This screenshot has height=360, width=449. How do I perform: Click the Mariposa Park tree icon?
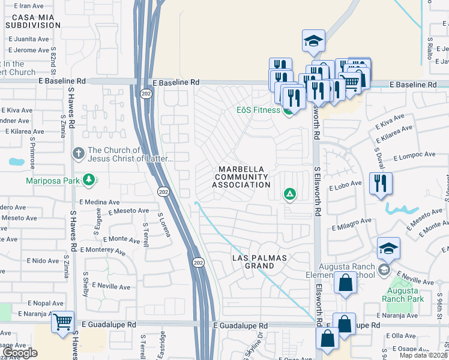coord(89,179)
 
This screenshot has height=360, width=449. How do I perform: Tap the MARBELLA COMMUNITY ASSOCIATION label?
coord(241,176)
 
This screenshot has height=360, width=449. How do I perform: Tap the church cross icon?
coord(78,154)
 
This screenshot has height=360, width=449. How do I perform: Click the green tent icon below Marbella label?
coord(289,194)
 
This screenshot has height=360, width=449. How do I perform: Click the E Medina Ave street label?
coord(96,202)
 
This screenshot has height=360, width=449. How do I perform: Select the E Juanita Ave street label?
coord(26,39)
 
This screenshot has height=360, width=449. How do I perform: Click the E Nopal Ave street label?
coord(41,304)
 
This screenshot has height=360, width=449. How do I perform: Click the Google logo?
coord(20,353)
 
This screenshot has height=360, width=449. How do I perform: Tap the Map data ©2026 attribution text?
coord(423,355)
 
